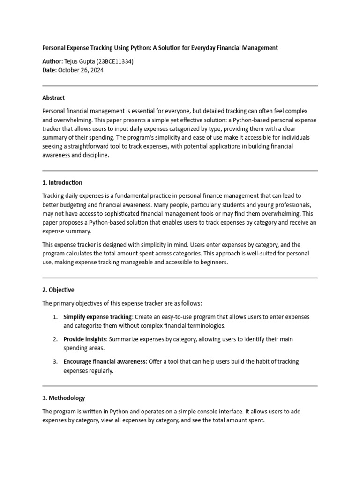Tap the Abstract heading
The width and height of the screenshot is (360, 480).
pyautogui.click(x=53, y=98)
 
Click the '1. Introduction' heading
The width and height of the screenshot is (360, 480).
pyautogui.click(x=62, y=183)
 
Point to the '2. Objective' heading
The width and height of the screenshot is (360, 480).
pyautogui.click(x=58, y=290)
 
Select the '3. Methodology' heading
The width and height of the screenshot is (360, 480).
pyautogui.click(x=64, y=398)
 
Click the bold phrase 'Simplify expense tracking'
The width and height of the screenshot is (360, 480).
pyautogui.click(x=97, y=317)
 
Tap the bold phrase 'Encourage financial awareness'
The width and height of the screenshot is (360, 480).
pyautogui.click(x=105, y=362)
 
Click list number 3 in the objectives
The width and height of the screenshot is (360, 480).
pyautogui.click(x=55, y=362)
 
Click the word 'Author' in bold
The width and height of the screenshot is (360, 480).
pyautogui.click(x=52, y=61)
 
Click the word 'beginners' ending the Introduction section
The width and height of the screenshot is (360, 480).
pyautogui.click(x=212, y=262)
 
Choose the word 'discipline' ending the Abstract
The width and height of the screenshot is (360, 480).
pyautogui.click(x=95, y=156)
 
